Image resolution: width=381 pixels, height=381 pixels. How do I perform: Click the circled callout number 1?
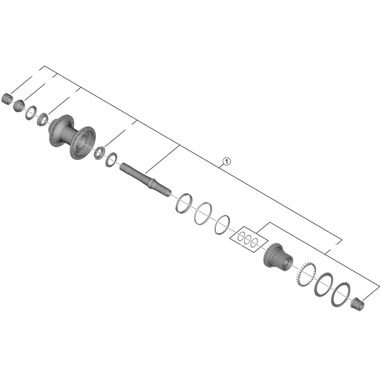pyautogui.click(x=226, y=162)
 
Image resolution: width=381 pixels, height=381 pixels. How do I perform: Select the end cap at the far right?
pyautogui.click(x=357, y=303)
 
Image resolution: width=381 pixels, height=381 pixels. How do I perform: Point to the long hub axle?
pyautogui.click(x=145, y=179)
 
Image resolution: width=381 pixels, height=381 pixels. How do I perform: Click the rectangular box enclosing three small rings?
pyautogui.click(x=246, y=238)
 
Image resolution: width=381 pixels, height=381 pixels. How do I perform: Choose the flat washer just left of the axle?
pyautogui.click(x=111, y=159)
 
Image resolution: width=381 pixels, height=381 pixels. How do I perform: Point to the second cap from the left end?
pyautogui.click(x=19, y=104)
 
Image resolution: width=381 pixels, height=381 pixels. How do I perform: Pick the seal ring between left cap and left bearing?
pyautogui.click(x=31, y=111)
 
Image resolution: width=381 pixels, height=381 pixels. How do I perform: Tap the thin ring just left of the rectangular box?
pyautogui.click(x=222, y=224)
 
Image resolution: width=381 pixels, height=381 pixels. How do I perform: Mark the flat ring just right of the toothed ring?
pyautogui.click(x=324, y=284)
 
